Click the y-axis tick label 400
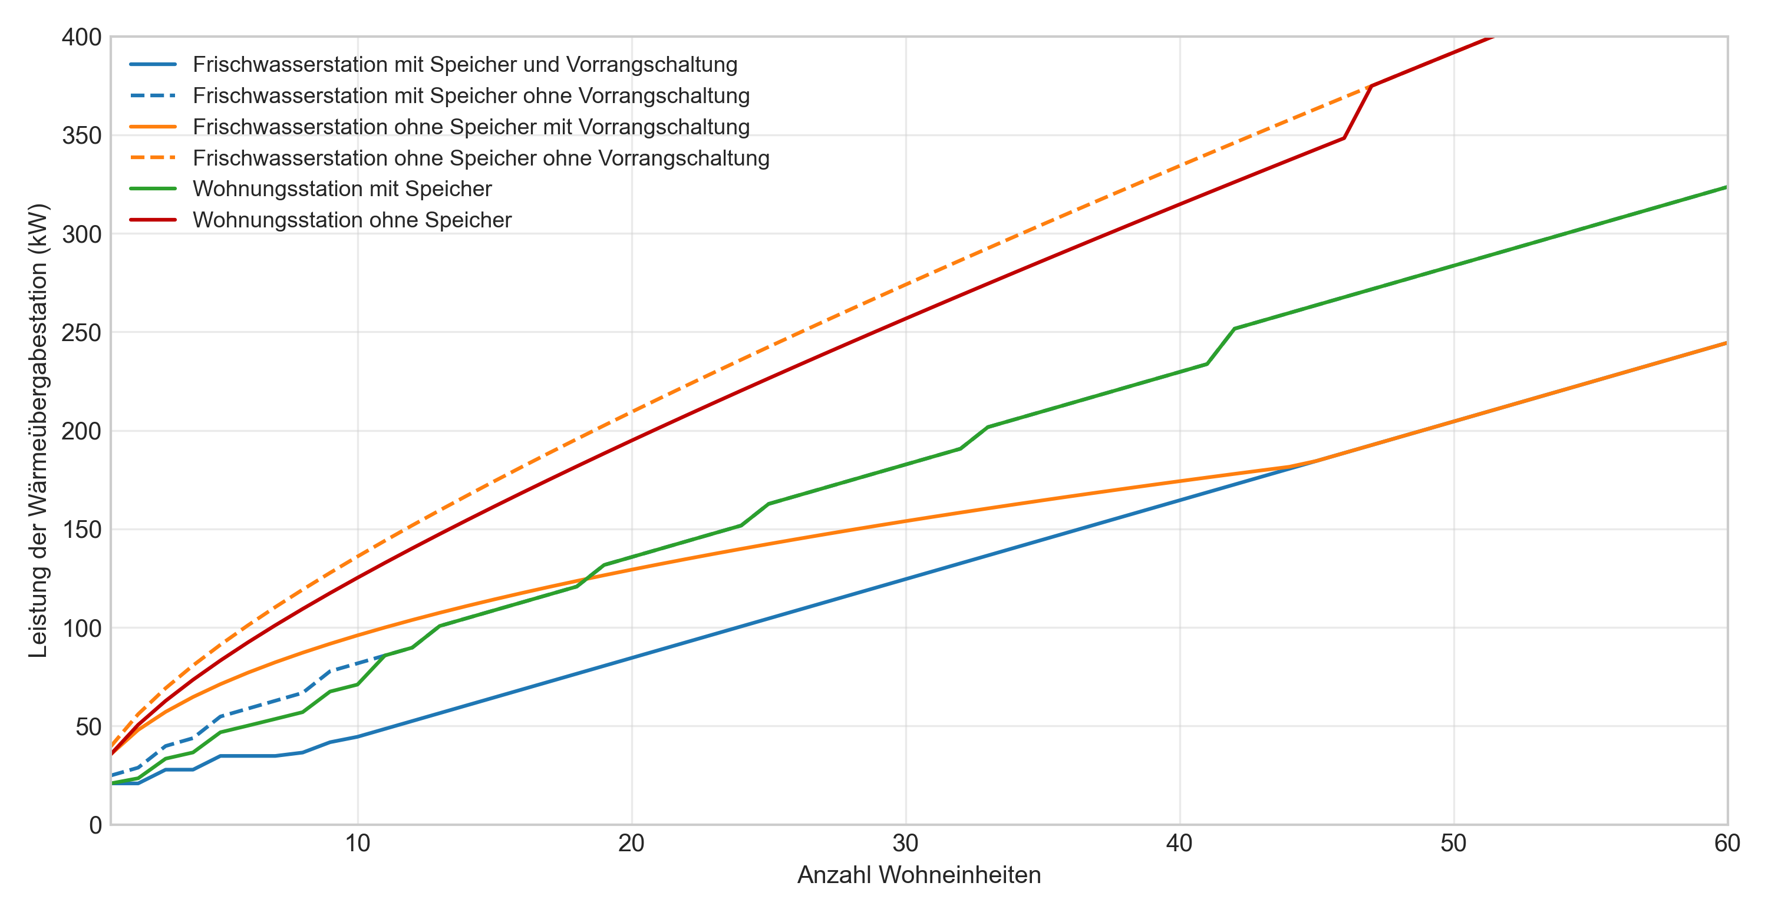point(81,37)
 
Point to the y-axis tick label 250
point(81,333)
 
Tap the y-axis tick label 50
point(88,727)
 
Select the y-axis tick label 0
point(95,825)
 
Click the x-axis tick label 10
point(358,844)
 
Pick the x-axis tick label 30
point(905,844)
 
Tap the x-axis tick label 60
point(1727,844)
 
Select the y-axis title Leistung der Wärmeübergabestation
point(38,431)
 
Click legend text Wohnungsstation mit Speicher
point(342,189)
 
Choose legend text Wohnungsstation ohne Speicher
point(351,220)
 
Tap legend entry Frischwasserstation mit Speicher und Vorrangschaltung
point(464,64)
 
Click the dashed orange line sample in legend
point(153,158)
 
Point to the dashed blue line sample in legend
point(153,95)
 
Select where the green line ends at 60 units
point(1726,187)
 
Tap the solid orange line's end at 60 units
point(1726,343)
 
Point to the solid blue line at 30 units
point(905,580)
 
